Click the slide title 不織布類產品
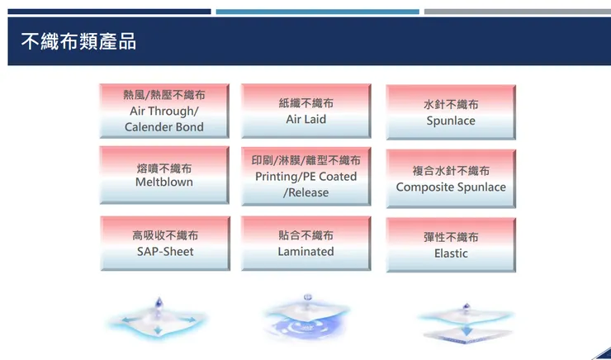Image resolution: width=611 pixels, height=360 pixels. coord(78,41)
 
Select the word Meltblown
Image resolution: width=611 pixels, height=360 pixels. coord(163,182)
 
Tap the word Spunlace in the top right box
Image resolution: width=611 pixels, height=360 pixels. coord(451,121)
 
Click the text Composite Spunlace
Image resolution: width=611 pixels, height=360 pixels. coord(451,187)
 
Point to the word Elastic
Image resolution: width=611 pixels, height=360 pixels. coord(451,253)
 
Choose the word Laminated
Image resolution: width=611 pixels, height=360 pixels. coord(305,251)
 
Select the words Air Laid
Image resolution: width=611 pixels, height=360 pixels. coord(305,119)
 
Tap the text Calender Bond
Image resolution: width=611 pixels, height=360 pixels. coord(163,127)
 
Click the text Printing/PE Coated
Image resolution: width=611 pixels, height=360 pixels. coord(305,177)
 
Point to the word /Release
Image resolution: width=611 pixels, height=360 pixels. coord(305,192)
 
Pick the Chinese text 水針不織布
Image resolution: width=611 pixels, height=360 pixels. coord(451,105)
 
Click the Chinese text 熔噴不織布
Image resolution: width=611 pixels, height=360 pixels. coord(163,168)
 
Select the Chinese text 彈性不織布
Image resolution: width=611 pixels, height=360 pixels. coord(451,238)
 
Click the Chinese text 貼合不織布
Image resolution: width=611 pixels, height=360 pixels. coord(305,236)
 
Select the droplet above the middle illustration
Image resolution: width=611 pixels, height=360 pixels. coord(308,296)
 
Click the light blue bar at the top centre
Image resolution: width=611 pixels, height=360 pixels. coord(317,12)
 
